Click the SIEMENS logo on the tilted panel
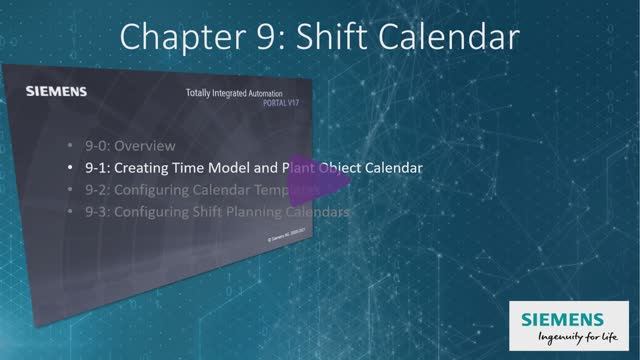click(x=55, y=92)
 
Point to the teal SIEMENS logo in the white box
click(x=563, y=319)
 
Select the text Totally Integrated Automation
click(x=240, y=94)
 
